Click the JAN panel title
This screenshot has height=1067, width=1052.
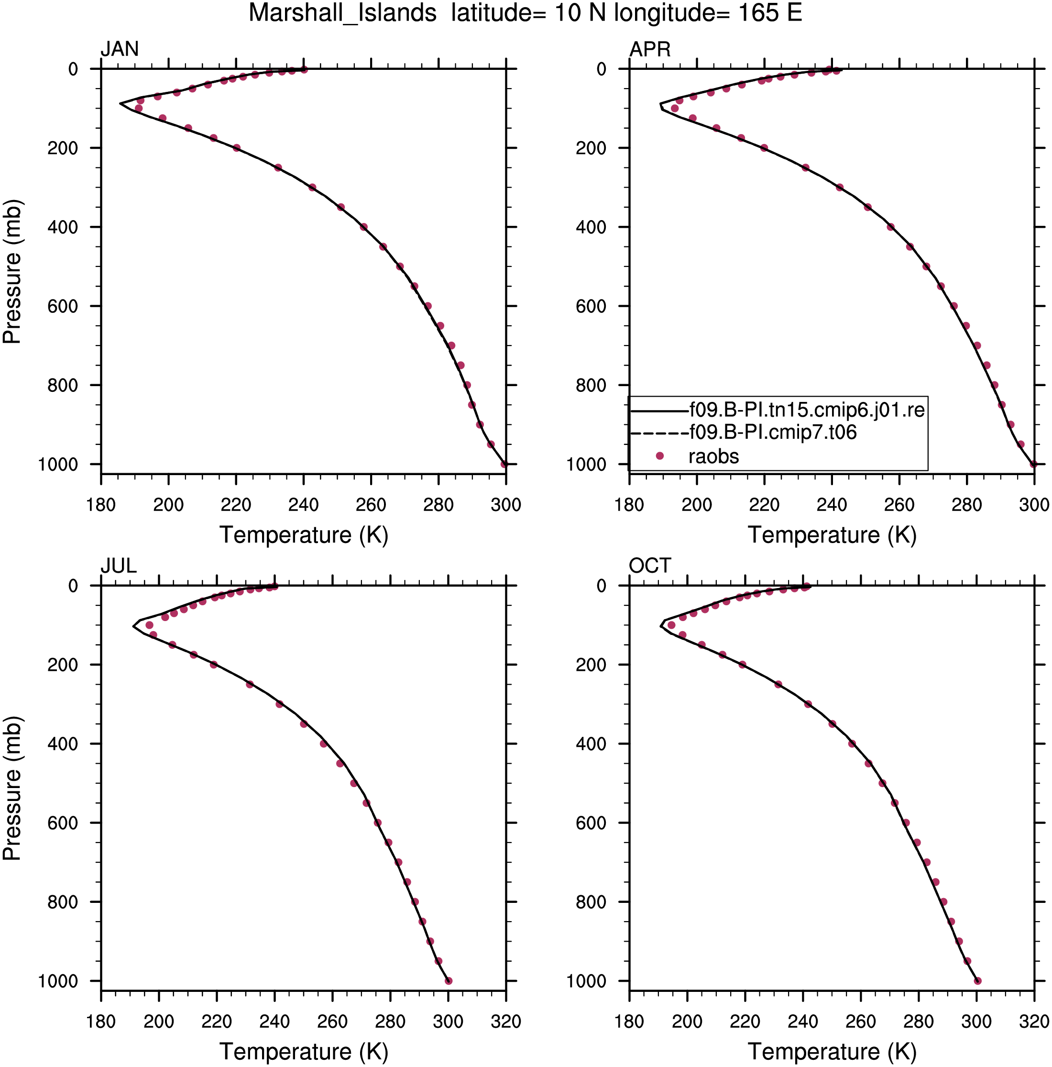point(119,49)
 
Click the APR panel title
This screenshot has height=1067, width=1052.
point(650,49)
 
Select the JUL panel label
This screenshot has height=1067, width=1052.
point(119,566)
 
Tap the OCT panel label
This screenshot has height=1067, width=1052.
point(650,566)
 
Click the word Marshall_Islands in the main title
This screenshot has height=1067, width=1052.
point(342,13)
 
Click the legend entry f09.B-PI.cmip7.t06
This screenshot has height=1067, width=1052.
point(773,432)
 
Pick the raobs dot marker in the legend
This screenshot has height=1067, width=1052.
point(659,456)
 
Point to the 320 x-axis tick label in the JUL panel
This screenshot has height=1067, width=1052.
point(505,1021)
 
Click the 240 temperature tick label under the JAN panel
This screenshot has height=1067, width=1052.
point(303,505)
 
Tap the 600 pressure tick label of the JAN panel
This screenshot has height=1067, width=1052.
point(62,306)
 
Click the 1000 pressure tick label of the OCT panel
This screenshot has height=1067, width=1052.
point(586,981)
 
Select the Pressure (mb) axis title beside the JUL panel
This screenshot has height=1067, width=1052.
point(12,788)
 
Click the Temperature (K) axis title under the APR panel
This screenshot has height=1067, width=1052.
point(832,535)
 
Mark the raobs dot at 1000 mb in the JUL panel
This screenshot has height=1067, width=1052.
point(448,981)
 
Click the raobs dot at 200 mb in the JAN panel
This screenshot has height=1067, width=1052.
point(236,148)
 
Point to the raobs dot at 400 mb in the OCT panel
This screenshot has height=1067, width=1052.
point(852,744)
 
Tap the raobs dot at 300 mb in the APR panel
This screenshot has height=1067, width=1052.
point(840,187)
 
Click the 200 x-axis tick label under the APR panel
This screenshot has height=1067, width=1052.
point(697,505)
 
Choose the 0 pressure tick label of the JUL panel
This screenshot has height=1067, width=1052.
point(73,586)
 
